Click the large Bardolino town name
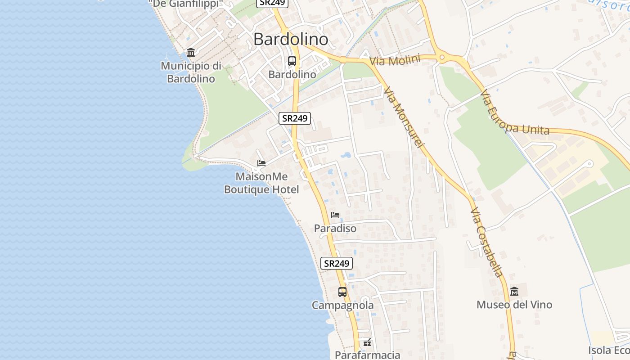[x=291, y=40]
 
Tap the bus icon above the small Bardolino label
[x=292, y=61]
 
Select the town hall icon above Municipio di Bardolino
[x=191, y=53]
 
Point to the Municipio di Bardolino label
[x=191, y=72]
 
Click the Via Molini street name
[x=395, y=60]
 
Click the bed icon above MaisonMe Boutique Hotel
[x=261, y=163]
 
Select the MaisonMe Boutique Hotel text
[x=261, y=183]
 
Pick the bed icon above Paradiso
[x=335, y=215]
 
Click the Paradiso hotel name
[x=335, y=229]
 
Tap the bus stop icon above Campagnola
[x=342, y=292]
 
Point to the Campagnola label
[x=343, y=306]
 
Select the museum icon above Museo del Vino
[x=514, y=292]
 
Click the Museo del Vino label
[x=514, y=305]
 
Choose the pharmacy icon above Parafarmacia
[x=367, y=343]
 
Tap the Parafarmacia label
[x=367, y=355]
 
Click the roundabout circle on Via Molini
[x=442, y=57]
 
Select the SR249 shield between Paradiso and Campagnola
[x=337, y=264]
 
